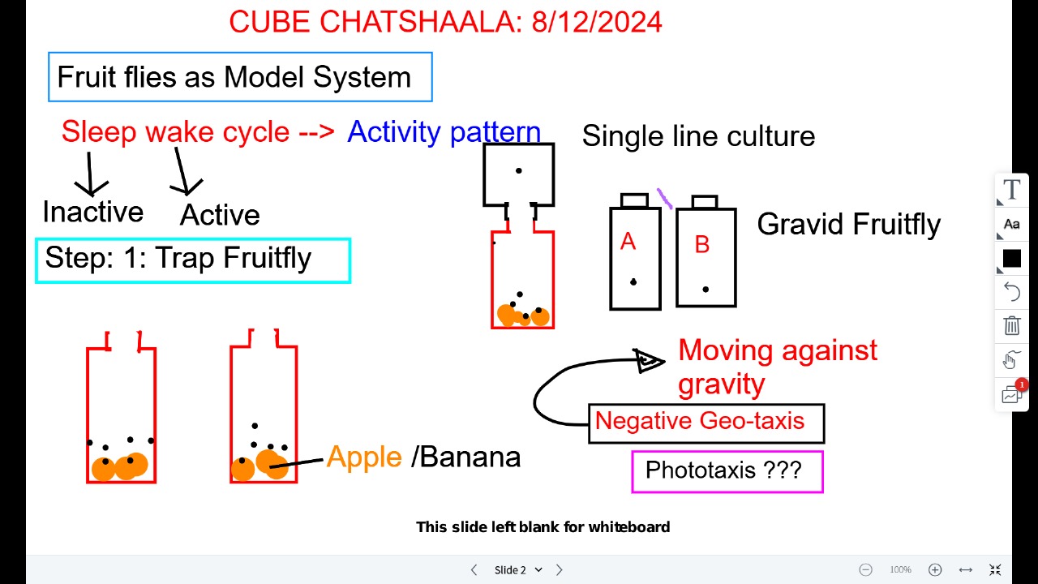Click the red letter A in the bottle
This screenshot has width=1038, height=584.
[x=628, y=241]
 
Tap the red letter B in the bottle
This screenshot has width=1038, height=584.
[x=702, y=244]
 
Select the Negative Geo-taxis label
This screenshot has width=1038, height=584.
[x=700, y=421]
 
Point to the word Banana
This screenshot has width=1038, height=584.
[x=471, y=457]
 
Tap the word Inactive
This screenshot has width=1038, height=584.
[x=93, y=212]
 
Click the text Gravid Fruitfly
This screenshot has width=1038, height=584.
[x=849, y=225]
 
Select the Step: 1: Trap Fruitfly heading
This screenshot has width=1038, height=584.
[x=178, y=258]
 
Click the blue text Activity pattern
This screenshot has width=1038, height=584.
[x=444, y=132]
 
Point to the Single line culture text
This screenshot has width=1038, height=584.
[x=698, y=136]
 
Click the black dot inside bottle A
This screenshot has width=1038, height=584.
[x=633, y=281]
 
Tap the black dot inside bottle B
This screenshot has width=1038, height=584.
[x=706, y=290]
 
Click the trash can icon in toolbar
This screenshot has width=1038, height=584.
[x=1011, y=325]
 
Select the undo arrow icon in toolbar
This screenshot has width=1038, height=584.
[x=1011, y=292]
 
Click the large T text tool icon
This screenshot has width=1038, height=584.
[x=1012, y=189]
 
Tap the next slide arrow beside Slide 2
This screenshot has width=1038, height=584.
[x=560, y=569]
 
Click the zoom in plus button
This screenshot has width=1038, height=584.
[x=935, y=569]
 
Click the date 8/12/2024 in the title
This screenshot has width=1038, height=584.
[x=597, y=22]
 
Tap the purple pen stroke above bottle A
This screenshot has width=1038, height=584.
[x=664, y=199]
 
